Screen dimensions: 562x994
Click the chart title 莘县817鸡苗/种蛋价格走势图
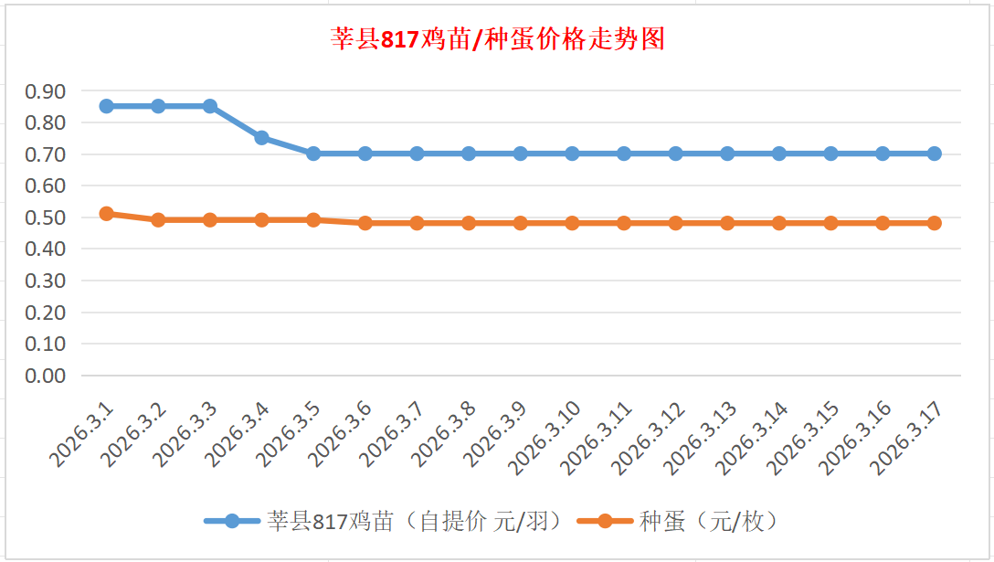497,39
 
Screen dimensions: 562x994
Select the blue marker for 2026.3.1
107,106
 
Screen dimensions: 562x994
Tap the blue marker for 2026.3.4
261,138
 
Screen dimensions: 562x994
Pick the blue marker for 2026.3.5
313,154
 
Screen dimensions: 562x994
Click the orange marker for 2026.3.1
107,214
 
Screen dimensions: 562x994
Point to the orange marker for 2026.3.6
365,223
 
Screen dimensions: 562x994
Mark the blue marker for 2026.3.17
934,154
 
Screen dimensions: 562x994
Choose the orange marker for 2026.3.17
934,223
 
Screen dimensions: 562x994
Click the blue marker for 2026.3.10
572,154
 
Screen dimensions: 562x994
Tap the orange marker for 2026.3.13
727,223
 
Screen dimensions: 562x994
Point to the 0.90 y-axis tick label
46,90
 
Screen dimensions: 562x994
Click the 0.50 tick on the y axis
46,217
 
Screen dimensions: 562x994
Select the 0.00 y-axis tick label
46,376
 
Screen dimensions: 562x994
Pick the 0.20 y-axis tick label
46,313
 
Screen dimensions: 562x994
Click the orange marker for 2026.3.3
210,220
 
